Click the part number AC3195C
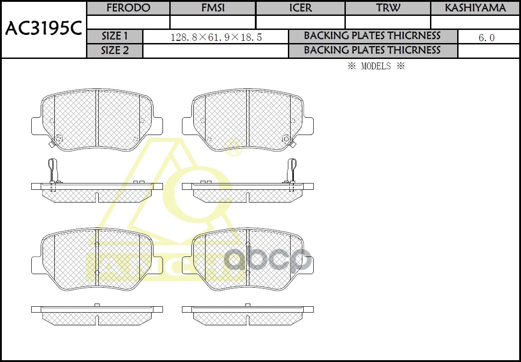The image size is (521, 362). tap(43, 29)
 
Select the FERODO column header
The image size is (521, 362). tap(128, 8)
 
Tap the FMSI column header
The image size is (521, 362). tap(213, 8)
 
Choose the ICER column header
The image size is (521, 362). tap(300, 8)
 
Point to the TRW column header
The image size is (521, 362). tap(387, 8)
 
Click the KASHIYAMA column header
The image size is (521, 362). tap(475, 8)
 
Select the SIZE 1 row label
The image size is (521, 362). tap(115, 36)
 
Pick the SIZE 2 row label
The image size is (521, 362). tap(115, 51)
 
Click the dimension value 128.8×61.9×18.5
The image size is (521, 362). tap(216, 37)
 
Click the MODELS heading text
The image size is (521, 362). tap(376, 66)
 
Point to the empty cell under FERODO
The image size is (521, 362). tap(128, 22)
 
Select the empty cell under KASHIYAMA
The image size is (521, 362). tap(475, 22)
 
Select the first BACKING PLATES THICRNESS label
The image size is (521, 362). tap(372, 36)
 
